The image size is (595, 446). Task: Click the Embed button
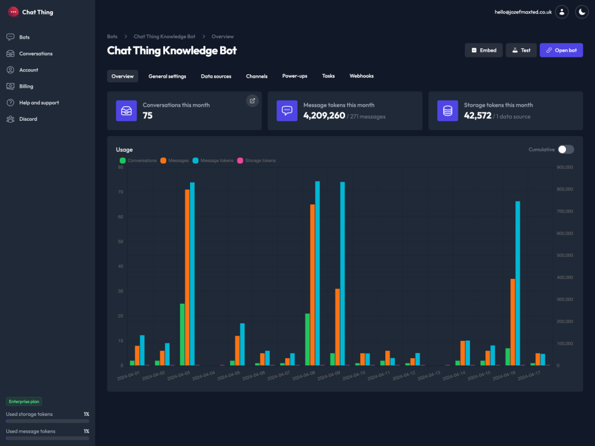(x=483, y=51)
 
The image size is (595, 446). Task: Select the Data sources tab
(x=216, y=76)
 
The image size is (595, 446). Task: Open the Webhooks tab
(x=361, y=76)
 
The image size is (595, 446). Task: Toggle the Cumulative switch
(x=565, y=149)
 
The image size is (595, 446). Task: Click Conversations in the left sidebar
(x=35, y=53)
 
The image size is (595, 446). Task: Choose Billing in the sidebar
(x=26, y=86)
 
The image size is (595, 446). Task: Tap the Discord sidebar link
(x=28, y=119)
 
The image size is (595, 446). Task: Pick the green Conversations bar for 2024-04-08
(x=307, y=339)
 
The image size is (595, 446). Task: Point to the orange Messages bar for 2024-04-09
(x=338, y=327)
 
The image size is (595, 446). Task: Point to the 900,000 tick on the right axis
(x=565, y=167)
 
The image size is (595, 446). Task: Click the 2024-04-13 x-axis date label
(x=429, y=376)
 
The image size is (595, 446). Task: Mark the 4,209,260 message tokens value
(x=324, y=116)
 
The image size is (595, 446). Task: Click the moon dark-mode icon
(x=582, y=12)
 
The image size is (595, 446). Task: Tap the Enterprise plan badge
(x=24, y=401)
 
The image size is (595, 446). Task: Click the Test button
(x=521, y=51)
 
